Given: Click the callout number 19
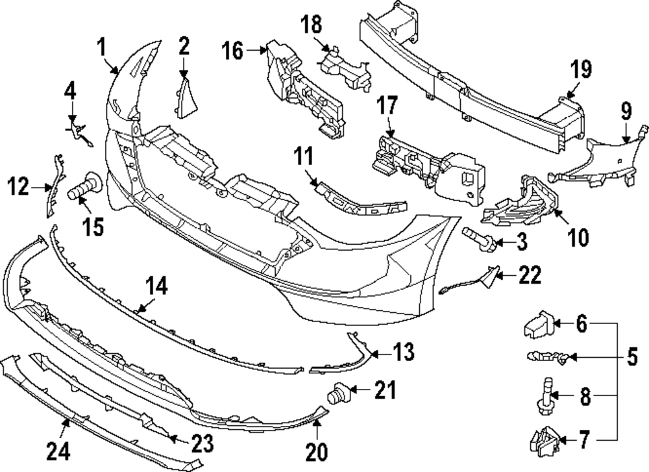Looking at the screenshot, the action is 581,69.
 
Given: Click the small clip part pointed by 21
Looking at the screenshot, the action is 339,392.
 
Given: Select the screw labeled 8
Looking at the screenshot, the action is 546,397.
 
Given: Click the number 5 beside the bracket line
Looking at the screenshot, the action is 631,357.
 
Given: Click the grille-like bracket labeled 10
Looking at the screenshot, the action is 520,203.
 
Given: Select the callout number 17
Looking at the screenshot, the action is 387,105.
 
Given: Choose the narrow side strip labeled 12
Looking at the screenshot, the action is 55,185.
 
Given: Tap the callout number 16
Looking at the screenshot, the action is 232,51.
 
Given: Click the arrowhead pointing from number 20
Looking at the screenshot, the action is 317,422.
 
